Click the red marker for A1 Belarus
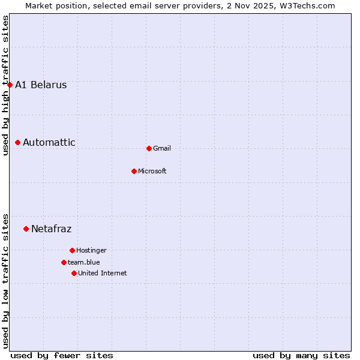coord(10,85)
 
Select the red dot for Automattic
coord(18,142)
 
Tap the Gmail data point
coord(149,148)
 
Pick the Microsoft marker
coord(134,171)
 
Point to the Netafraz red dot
coord(26,229)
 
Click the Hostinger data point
coord(72,250)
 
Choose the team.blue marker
coord(64,262)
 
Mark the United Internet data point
coord(74,273)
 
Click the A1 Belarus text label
coord(41,85)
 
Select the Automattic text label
coord(49,142)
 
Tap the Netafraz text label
coord(51,229)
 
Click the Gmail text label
coord(162,148)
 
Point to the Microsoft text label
coord(152,171)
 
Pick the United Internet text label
coord(103,273)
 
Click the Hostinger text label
coord(91,250)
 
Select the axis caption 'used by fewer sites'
coord(62,355)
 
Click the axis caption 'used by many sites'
coord(301,355)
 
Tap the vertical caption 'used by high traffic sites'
coord(5,85)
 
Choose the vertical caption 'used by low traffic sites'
coord(5,280)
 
